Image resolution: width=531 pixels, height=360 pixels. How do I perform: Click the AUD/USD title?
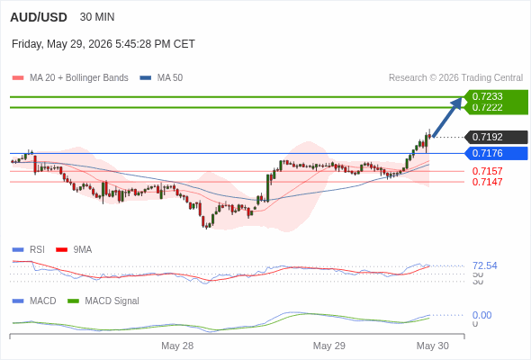[x=39, y=17]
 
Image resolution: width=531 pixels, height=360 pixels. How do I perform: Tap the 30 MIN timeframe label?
[x=97, y=17]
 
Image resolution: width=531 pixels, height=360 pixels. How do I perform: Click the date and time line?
[x=103, y=44]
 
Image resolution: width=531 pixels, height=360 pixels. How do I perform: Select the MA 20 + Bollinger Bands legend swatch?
[x=18, y=78]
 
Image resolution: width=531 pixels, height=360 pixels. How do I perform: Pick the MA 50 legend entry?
[x=161, y=78]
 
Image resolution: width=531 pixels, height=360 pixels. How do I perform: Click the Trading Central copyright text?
[x=455, y=78]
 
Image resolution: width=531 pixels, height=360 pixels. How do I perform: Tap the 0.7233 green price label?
[x=487, y=96]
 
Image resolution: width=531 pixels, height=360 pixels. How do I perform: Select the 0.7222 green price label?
[x=487, y=107]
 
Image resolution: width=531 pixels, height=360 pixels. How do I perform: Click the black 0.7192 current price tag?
[x=496, y=137]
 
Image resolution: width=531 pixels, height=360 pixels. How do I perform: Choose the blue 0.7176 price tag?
[x=496, y=153]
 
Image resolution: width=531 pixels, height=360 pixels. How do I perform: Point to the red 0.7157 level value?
[x=487, y=171]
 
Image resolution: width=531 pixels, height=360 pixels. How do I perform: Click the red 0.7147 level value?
[x=487, y=182]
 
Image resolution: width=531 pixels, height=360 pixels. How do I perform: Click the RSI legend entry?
[x=29, y=250]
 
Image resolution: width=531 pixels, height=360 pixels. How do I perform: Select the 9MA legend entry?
[x=74, y=250]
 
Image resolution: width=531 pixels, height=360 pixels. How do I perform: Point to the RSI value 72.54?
[x=485, y=265]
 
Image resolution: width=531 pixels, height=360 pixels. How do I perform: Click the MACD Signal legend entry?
[x=103, y=301]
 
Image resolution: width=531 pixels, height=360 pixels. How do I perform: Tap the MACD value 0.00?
[x=481, y=315]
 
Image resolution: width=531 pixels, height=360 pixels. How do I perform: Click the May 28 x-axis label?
[x=177, y=346]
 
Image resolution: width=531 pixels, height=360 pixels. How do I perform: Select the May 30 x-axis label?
[x=433, y=346]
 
